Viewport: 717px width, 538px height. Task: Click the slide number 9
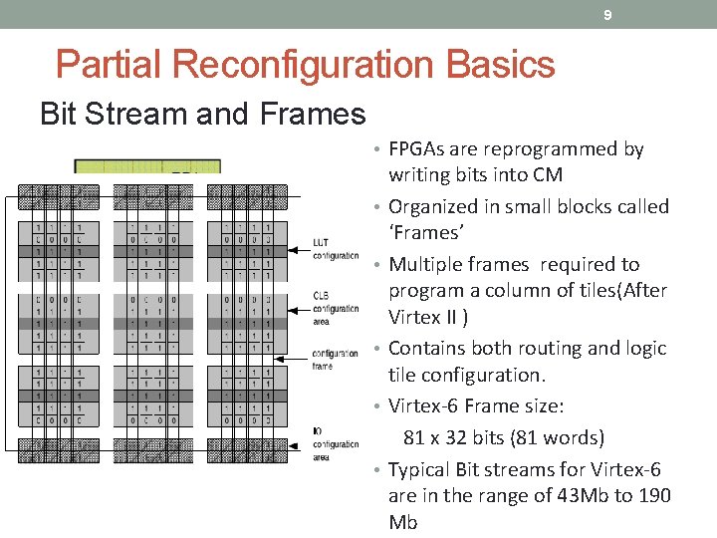pos(606,15)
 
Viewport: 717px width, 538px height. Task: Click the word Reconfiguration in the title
pos(306,65)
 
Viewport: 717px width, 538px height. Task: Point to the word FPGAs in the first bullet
pos(415,149)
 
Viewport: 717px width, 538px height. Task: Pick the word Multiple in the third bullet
pos(425,265)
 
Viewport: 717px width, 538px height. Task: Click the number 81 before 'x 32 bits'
pos(415,438)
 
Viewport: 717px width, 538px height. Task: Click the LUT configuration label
pos(335,249)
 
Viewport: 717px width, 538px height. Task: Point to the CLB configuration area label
pos(335,309)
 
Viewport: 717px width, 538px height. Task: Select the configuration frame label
pos(335,359)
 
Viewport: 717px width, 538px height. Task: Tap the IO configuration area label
pos(335,444)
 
